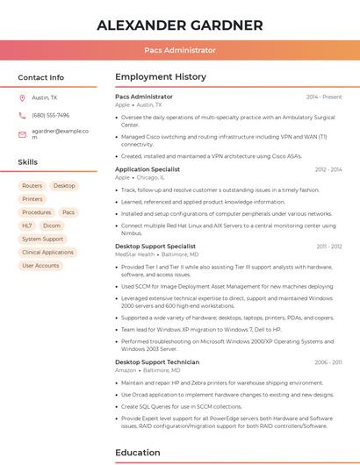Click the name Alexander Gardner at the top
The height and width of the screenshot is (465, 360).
[179, 25]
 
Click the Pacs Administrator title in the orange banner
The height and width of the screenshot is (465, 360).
[179, 50]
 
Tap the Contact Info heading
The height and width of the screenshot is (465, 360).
[40, 77]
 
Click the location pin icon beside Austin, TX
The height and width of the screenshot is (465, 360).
[22, 97]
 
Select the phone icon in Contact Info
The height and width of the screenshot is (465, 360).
[22, 115]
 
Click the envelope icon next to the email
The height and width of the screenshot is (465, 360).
[22, 134]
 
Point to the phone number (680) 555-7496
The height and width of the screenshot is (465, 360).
[50, 115]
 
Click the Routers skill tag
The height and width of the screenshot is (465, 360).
[32, 186]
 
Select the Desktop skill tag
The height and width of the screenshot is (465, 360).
[64, 186]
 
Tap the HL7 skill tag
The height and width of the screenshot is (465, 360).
[27, 225]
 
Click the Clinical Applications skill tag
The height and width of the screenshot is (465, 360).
[47, 252]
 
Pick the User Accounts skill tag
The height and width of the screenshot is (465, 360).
[40, 265]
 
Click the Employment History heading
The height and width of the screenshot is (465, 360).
[161, 77]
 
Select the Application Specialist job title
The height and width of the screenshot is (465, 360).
[148, 169]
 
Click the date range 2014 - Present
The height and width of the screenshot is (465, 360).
[324, 97]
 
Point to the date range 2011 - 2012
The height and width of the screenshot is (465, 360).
[328, 247]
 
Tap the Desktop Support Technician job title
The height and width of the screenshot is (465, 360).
[157, 361]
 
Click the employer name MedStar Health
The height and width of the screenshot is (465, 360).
[134, 254]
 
